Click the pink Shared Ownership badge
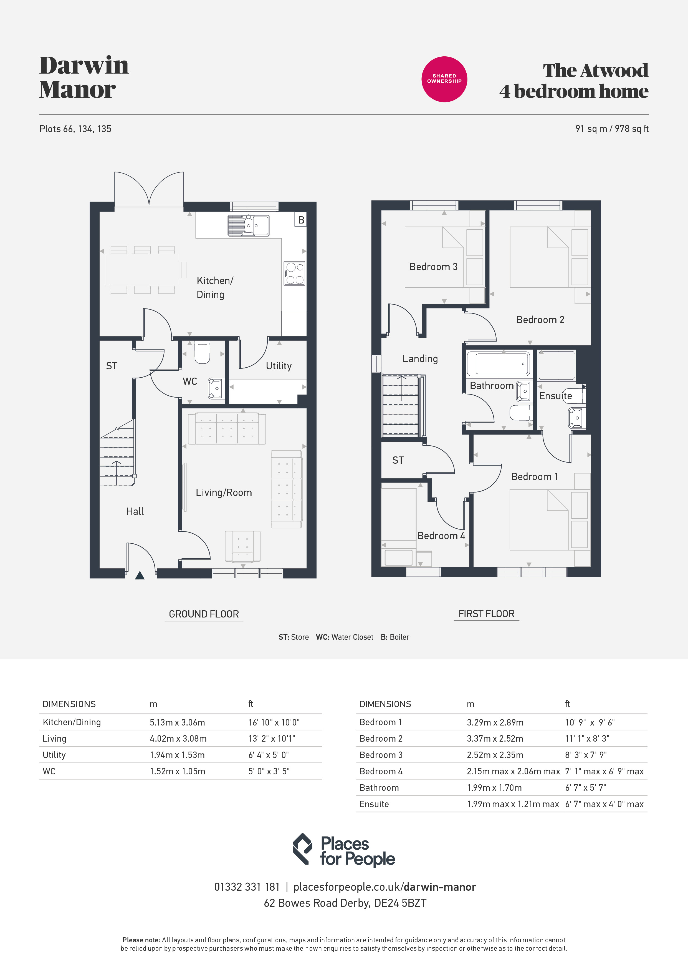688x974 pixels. click(x=444, y=79)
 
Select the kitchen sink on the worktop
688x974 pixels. click(x=248, y=225)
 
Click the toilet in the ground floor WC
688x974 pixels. click(x=202, y=352)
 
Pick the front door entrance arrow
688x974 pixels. click(x=140, y=575)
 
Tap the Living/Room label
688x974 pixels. click(x=224, y=493)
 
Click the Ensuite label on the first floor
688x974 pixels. click(x=555, y=396)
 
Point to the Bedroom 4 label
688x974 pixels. click(x=441, y=536)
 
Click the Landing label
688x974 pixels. click(x=420, y=359)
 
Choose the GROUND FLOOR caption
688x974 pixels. click(x=204, y=614)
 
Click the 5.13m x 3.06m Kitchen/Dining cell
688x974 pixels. click(x=177, y=722)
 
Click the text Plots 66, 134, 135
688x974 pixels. click(x=75, y=129)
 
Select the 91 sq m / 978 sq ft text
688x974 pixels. click(x=612, y=129)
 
